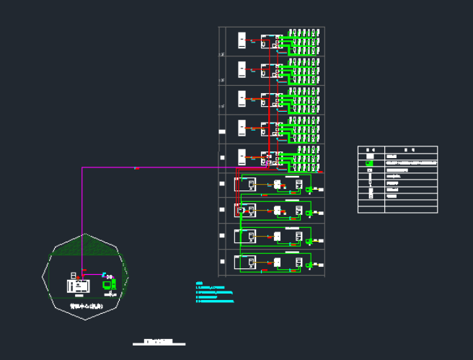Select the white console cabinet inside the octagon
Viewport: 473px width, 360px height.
[x=76, y=284]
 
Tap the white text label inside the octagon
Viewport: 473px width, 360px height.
[x=86, y=306]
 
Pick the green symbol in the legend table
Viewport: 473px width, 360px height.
[x=370, y=164]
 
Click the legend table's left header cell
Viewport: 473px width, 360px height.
[x=371, y=149]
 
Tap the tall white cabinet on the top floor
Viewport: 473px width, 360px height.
[x=241, y=40]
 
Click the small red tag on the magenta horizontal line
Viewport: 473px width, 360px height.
[x=137, y=168]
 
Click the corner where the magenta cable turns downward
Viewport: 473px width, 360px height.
[x=83, y=168]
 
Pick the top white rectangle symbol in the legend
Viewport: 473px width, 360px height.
[x=370, y=156]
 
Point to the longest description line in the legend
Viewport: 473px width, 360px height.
[x=411, y=164]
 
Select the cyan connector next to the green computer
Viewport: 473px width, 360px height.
[x=105, y=275]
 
